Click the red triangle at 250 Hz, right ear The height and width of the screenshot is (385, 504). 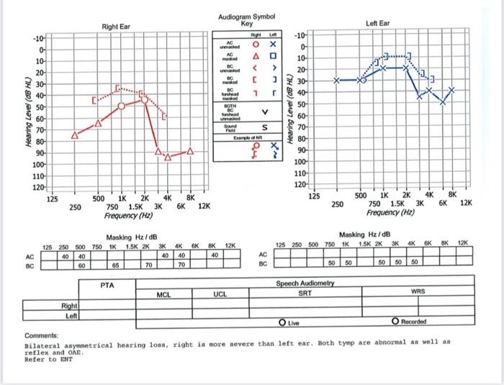pos(75,135)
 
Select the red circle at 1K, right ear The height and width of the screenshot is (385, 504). pos(121,107)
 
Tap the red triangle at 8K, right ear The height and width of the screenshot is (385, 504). pos(190,151)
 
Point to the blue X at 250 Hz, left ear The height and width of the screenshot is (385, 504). pos(336,81)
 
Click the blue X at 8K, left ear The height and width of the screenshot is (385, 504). pos(452,91)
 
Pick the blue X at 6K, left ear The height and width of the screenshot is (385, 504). pos(443,101)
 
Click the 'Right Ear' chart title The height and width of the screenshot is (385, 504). pos(116,27)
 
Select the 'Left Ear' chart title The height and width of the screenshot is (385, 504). pos(377,23)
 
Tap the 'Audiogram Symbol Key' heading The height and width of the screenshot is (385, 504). pos(246,19)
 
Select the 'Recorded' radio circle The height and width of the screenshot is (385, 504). pos(395,321)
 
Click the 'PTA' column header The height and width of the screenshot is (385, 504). pos(107,286)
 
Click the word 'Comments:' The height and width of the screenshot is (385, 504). pos(40,337)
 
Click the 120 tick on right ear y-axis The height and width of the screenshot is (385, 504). pos(39,187)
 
